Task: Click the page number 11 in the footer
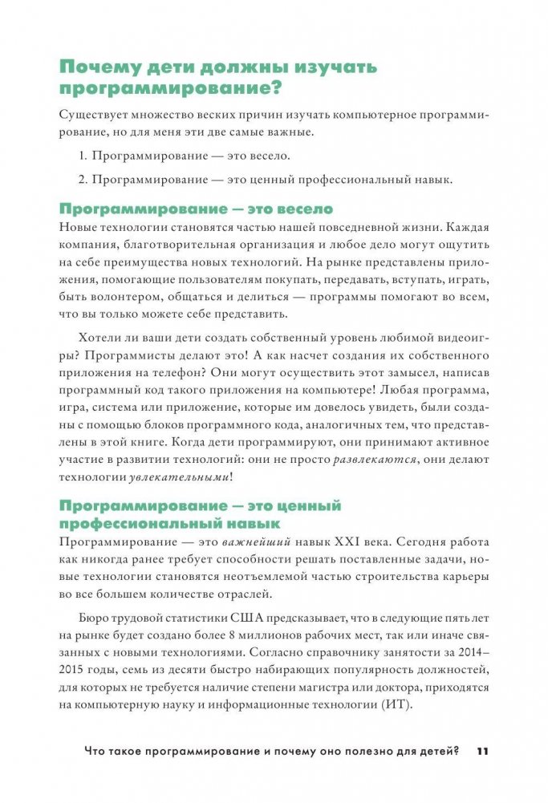[481, 752]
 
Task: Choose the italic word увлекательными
[178, 478]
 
